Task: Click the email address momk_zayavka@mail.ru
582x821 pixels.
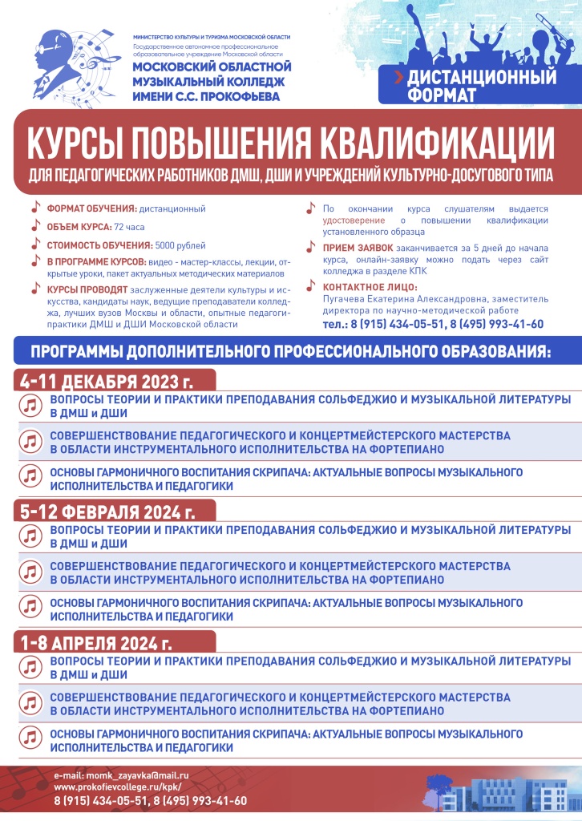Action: pyautogui.click(x=121, y=777)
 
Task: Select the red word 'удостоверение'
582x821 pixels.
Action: pyautogui.click(x=353, y=220)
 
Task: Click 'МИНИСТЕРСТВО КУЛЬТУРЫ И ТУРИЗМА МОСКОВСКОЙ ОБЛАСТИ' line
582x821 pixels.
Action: pyautogui.click(x=211, y=38)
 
